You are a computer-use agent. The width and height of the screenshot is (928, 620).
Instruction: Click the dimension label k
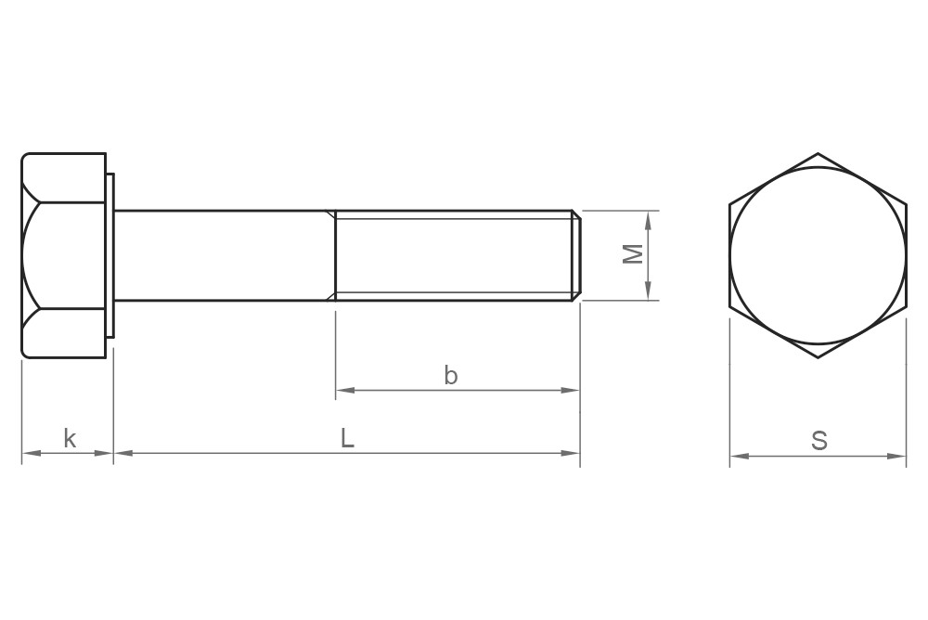(70, 438)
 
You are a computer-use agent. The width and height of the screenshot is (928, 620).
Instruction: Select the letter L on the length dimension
(347, 438)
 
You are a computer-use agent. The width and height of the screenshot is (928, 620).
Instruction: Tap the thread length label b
(451, 376)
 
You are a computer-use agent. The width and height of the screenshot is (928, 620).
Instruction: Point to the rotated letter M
(633, 254)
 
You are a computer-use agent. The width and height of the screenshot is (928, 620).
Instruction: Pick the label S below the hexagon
(818, 441)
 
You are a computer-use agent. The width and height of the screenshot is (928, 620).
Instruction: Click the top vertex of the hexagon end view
(818, 154)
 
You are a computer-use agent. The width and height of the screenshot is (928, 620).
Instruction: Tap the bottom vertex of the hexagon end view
(818, 358)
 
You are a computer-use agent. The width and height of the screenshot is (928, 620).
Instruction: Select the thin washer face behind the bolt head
(110, 255)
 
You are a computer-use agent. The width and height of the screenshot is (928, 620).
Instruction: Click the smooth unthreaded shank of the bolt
(223, 255)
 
